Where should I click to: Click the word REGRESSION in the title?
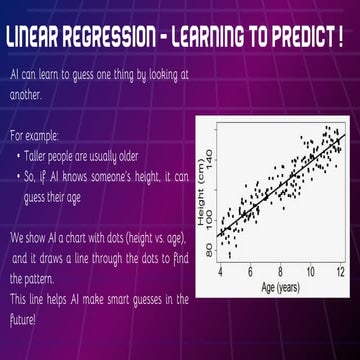click(118, 39)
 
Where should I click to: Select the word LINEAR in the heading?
click(38, 39)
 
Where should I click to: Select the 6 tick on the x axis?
click(251, 270)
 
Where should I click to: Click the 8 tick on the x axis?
click(281, 270)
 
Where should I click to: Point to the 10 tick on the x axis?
click(311, 270)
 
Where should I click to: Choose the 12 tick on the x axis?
click(341, 270)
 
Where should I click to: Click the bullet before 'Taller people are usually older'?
click(19, 157)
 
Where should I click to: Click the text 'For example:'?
click(34, 134)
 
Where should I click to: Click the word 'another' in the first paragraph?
click(25, 95)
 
